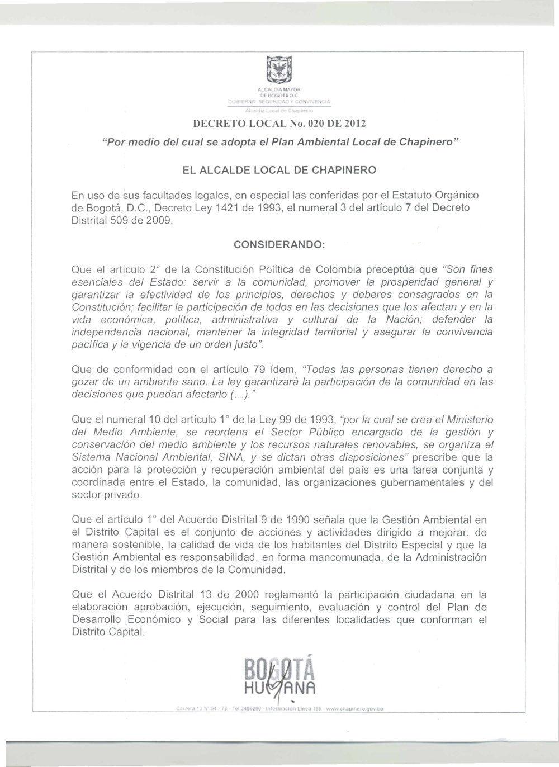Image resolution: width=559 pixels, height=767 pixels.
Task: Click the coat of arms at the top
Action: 277,71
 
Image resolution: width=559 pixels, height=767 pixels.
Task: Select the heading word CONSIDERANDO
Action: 279,245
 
